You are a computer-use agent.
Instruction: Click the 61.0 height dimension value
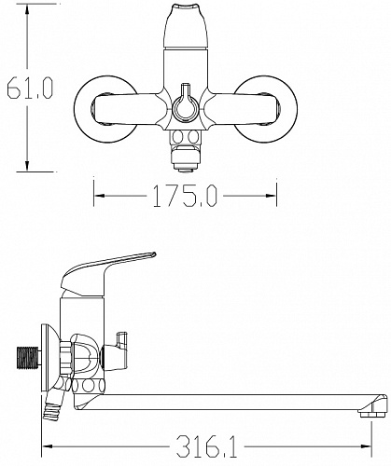[x=30, y=88]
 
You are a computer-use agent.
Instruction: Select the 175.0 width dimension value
[x=185, y=196]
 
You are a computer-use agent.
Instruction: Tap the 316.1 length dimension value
[x=206, y=446]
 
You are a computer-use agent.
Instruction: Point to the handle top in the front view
[x=186, y=25]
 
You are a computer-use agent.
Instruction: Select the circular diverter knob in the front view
[x=186, y=106]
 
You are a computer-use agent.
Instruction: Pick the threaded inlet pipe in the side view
[x=28, y=358]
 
